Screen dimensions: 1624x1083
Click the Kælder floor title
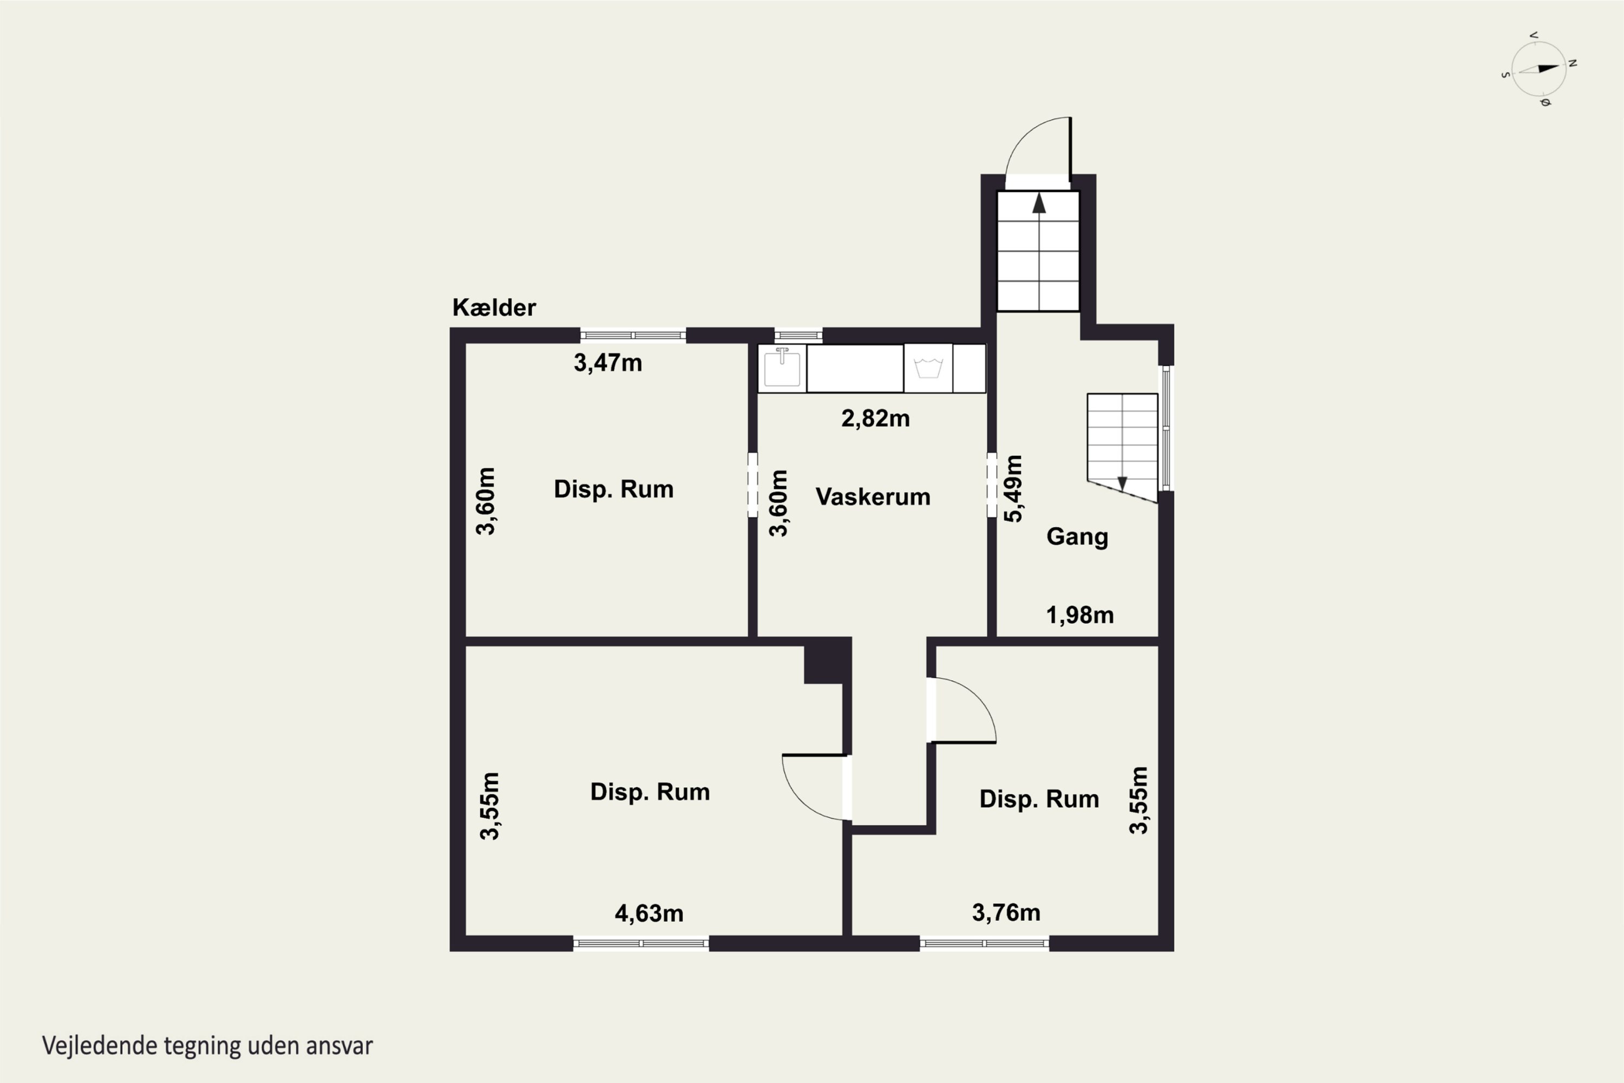[494, 308]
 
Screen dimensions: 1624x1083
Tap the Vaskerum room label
[873, 497]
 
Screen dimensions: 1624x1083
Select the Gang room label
[1077, 537]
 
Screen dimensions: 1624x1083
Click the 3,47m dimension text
[607, 363]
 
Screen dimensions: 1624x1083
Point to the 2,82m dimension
[875, 419]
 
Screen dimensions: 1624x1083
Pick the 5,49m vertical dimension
[1013, 488]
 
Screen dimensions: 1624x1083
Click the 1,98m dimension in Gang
[1080, 615]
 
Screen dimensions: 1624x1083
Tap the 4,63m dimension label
[649, 913]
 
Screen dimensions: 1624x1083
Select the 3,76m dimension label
[1006, 912]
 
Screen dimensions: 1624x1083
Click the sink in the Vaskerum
[782, 368]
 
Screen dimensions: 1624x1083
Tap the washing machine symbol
[928, 368]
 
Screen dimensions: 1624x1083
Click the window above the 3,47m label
[633, 336]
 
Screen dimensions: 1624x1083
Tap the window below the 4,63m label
[641, 943]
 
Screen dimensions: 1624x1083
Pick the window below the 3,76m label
[985, 943]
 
